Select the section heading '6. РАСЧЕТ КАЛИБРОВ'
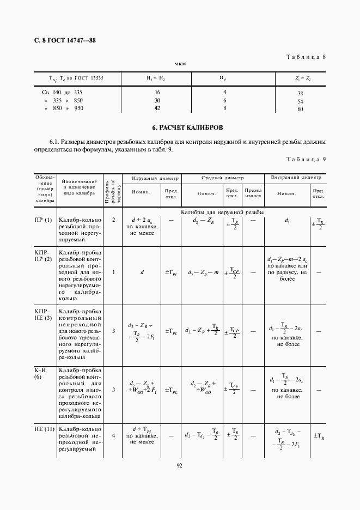[x=180, y=127]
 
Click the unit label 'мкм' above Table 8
[x=180, y=64]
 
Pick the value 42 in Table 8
[x=157, y=108]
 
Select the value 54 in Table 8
[x=300, y=101]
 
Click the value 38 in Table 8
[x=300, y=93]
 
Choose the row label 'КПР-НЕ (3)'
[x=44, y=314]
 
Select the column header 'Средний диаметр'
[x=222, y=178]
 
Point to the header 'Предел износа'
[x=253, y=193]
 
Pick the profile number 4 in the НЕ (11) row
[x=113, y=435]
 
